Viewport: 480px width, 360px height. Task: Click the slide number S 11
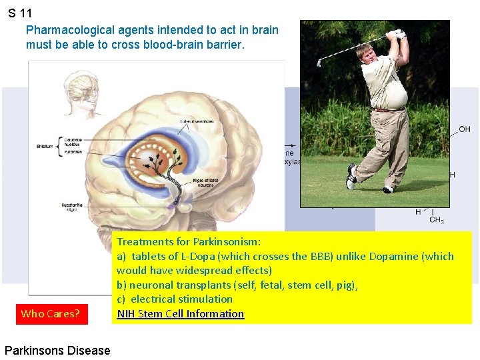click(20, 13)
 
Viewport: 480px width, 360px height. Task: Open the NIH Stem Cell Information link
click(180, 314)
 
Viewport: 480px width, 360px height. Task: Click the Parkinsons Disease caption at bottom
click(57, 350)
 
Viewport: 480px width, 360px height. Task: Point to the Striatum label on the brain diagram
click(45, 146)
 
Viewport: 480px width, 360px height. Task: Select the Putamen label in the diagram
click(73, 152)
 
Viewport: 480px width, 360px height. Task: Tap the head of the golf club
click(320, 61)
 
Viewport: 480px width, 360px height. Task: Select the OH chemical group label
click(464, 129)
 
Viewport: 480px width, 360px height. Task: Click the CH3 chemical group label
click(437, 220)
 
